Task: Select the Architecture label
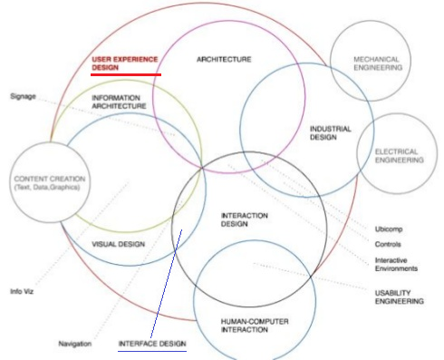pyautogui.click(x=224, y=59)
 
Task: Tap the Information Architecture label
pyautogui.click(x=119, y=102)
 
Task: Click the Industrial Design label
pyautogui.click(x=330, y=133)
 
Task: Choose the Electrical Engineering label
pyautogui.click(x=399, y=155)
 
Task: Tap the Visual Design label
pyautogui.click(x=120, y=244)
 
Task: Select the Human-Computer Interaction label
pyautogui.click(x=244, y=326)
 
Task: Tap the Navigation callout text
pyautogui.click(x=76, y=344)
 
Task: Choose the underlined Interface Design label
pyautogui.click(x=152, y=344)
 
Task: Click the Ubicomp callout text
pyautogui.click(x=389, y=228)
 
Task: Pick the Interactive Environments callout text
pyautogui.click(x=396, y=264)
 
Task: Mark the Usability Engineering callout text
pyautogui.click(x=399, y=296)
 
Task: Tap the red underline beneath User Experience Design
pyautogui.click(x=126, y=74)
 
